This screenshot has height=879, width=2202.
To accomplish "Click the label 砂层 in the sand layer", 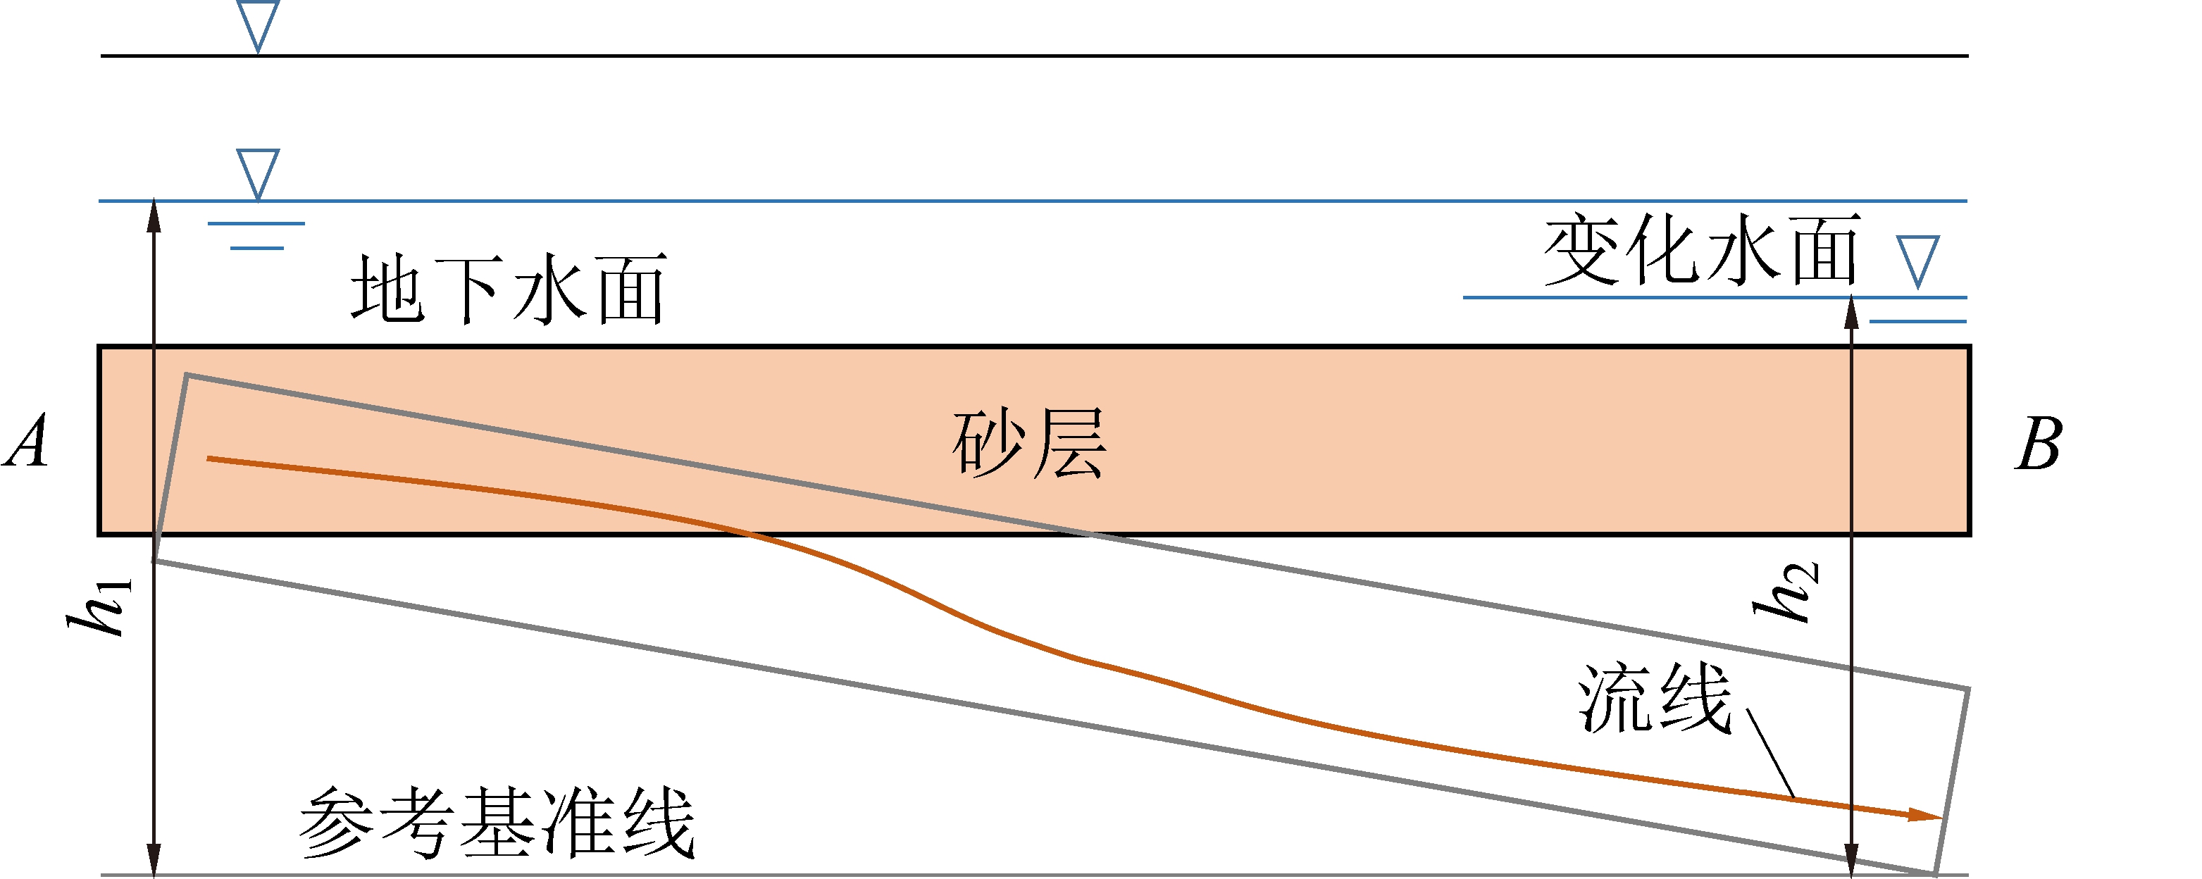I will [x=1029, y=443].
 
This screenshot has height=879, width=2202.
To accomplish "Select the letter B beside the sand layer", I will [x=2039, y=444].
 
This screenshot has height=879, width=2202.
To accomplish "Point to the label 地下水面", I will [x=509, y=289].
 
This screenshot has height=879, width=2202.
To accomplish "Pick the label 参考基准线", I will [x=497, y=822].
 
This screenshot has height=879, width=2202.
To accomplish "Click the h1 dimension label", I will [x=101, y=606].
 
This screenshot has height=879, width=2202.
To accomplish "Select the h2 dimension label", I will [x=1786, y=592].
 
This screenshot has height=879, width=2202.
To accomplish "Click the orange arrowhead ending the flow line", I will [x=1925, y=815].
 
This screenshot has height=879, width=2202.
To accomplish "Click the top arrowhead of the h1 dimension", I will [x=154, y=216].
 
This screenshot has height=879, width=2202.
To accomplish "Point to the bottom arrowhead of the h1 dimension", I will [x=154, y=859].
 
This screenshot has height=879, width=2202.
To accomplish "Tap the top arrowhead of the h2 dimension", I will [x=1851, y=313].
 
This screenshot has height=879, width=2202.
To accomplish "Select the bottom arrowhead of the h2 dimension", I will [x=1851, y=859].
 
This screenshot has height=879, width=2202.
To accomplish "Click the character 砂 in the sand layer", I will [x=989, y=443].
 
